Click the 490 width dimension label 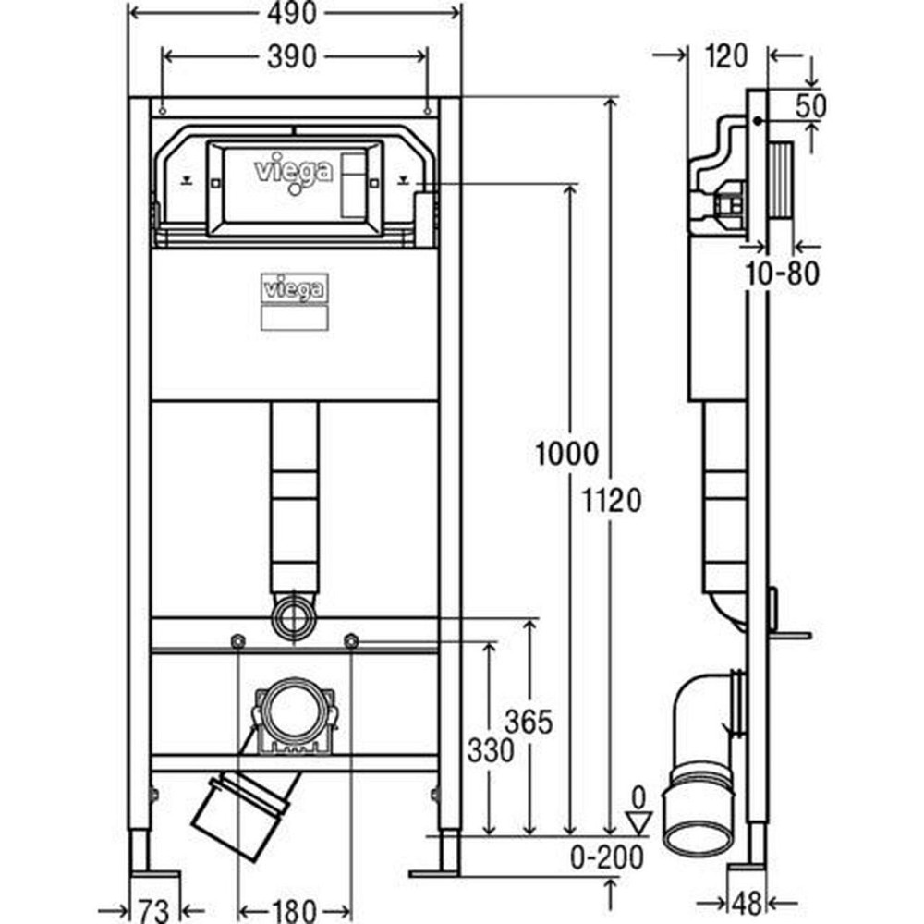point(295,13)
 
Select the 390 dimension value point(295,56)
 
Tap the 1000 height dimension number point(565,455)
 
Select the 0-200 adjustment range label point(607,857)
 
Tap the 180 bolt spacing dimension point(294,909)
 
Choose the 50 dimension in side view point(810,105)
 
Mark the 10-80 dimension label point(784,274)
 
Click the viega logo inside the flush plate point(293,172)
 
